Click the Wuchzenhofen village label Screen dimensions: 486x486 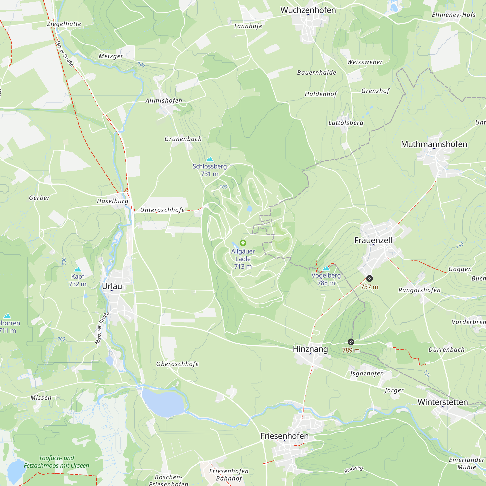pyautogui.click(x=308, y=10)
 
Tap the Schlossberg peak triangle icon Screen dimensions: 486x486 pyautogui.click(x=209, y=159)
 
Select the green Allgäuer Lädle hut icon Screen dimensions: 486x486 pyautogui.click(x=243, y=243)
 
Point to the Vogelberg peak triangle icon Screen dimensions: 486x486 pyautogui.click(x=326, y=268)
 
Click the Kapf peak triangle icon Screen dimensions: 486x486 pyautogui.click(x=78, y=269)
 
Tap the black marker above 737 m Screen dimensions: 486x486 pyautogui.click(x=369, y=278)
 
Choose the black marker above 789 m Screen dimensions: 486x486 pyautogui.click(x=351, y=342)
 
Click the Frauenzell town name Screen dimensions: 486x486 pyautogui.click(x=373, y=240)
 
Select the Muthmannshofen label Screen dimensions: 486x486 pyautogui.click(x=434, y=144)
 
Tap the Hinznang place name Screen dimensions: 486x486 pyautogui.click(x=310, y=349)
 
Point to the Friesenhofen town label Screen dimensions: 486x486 pyautogui.click(x=285, y=436)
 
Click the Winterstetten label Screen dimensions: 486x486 pyautogui.click(x=443, y=402)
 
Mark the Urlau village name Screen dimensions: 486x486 pyautogui.click(x=112, y=286)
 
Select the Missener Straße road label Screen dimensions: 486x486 pyautogui.click(x=102, y=328)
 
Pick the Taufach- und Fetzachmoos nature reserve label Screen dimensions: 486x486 pyautogui.click(x=57, y=462)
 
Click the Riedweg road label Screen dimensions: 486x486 pyautogui.click(x=353, y=469)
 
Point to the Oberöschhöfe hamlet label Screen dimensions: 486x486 pyautogui.click(x=177, y=364)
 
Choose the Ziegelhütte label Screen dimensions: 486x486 pyautogui.click(x=64, y=24)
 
